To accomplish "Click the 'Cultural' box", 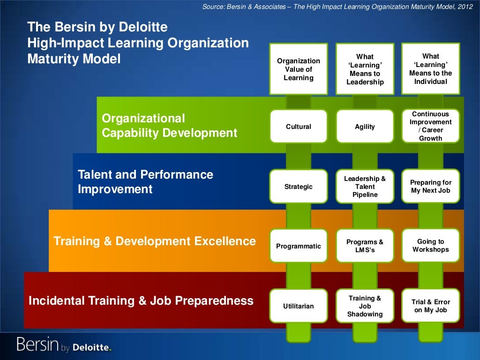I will (299, 127).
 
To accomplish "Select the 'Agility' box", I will (365, 127).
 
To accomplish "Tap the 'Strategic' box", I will (299, 187).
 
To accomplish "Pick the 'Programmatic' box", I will (299, 246).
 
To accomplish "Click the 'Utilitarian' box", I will (299, 306).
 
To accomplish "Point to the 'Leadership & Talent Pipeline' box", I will (365, 187).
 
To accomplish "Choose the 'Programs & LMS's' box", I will (365, 246).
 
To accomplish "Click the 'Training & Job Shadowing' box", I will (365, 306).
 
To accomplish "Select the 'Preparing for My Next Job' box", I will (431, 186).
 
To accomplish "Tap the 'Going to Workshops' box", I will (431, 246).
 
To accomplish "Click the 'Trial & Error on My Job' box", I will (431, 306).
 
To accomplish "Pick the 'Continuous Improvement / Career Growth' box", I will (431, 126).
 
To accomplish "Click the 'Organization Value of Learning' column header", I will (299, 69).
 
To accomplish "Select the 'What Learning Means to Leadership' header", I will (365, 69).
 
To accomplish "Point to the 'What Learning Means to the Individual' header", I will (431, 68).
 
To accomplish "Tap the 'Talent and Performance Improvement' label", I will (145, 182).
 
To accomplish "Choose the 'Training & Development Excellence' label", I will (155, 241).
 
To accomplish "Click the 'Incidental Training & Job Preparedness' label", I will (141, 300).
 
